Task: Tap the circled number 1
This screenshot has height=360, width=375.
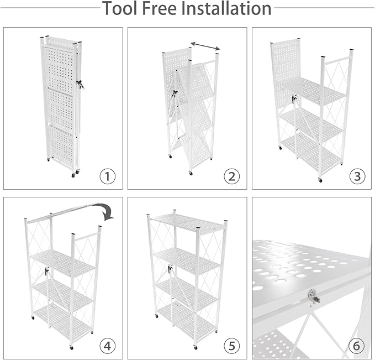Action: pyautogui.click(x=108, y=176)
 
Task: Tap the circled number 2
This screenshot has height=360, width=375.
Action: pyautogui.click(x=231, y=176)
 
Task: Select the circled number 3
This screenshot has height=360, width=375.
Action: pyautogui.click(x=357, y=176)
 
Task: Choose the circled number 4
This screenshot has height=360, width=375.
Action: pyautogui.click(x=108, y=346)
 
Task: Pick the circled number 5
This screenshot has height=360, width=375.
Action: pyautogui.click(x=231, y=346)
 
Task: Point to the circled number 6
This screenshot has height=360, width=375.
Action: pyautogui.click(x=357, y=346)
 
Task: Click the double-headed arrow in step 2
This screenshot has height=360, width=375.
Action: pyautogui.click(x=205, y=45)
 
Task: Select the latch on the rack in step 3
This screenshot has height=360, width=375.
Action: pyautogui.click(x=294, y=100)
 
